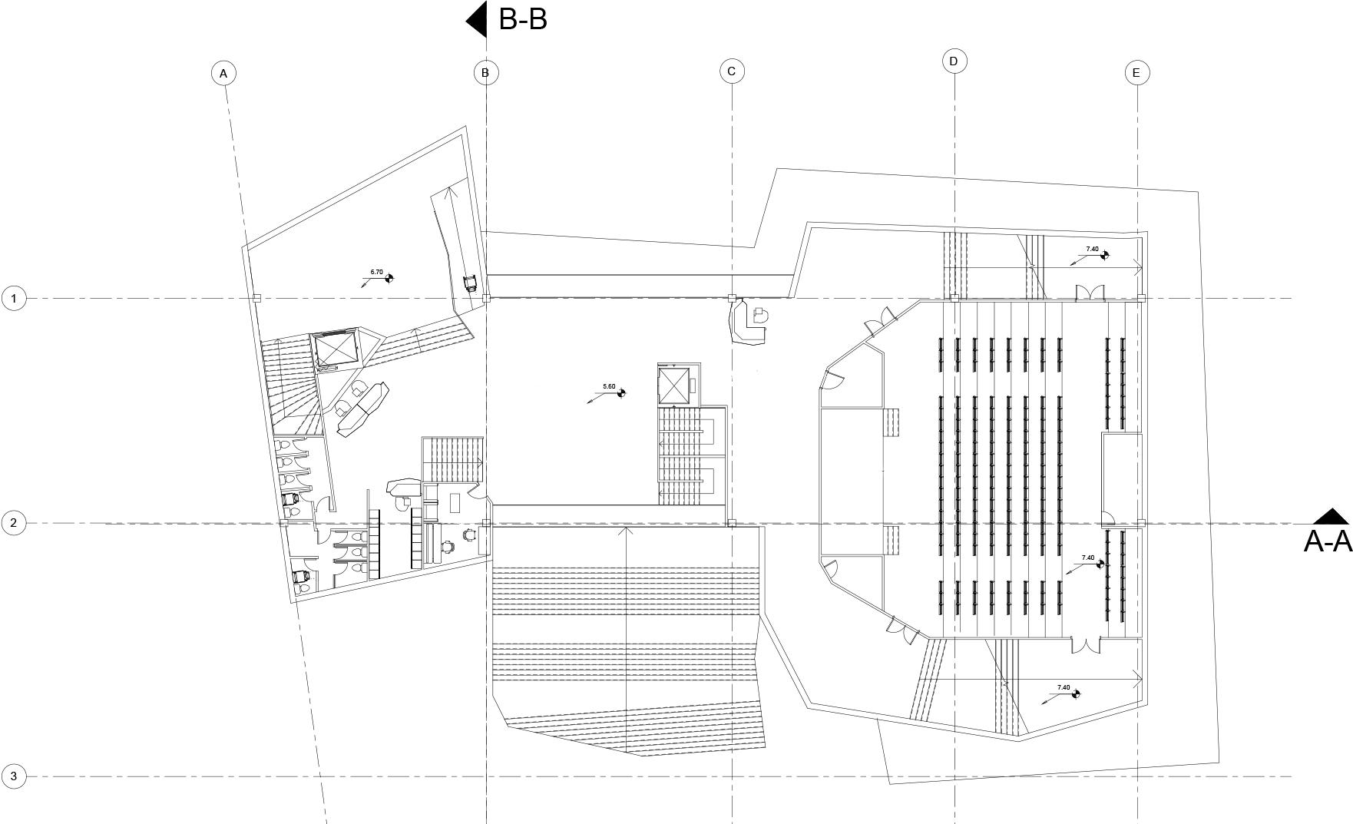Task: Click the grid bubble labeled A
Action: click(223, 73)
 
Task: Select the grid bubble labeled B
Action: click(485, 73)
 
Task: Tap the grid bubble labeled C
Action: click(732, 71)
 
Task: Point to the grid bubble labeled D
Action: click(954, 61)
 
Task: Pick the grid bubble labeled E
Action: click(1136, 73)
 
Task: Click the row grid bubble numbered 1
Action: click(14, 298)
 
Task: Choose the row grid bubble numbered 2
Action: click(14, 523)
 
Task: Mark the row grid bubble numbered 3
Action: click(14, 776)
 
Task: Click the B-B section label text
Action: click(523, 19)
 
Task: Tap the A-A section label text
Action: click(1327, 541)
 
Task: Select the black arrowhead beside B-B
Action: click(478, 19)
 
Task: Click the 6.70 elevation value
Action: click(376, 272)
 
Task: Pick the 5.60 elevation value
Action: click(609, 386)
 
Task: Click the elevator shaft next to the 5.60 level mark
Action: click(674, 386)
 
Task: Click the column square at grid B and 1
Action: click(486, 298)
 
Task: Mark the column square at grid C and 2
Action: click(732, 523)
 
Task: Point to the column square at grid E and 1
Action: click(1141, 298)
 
